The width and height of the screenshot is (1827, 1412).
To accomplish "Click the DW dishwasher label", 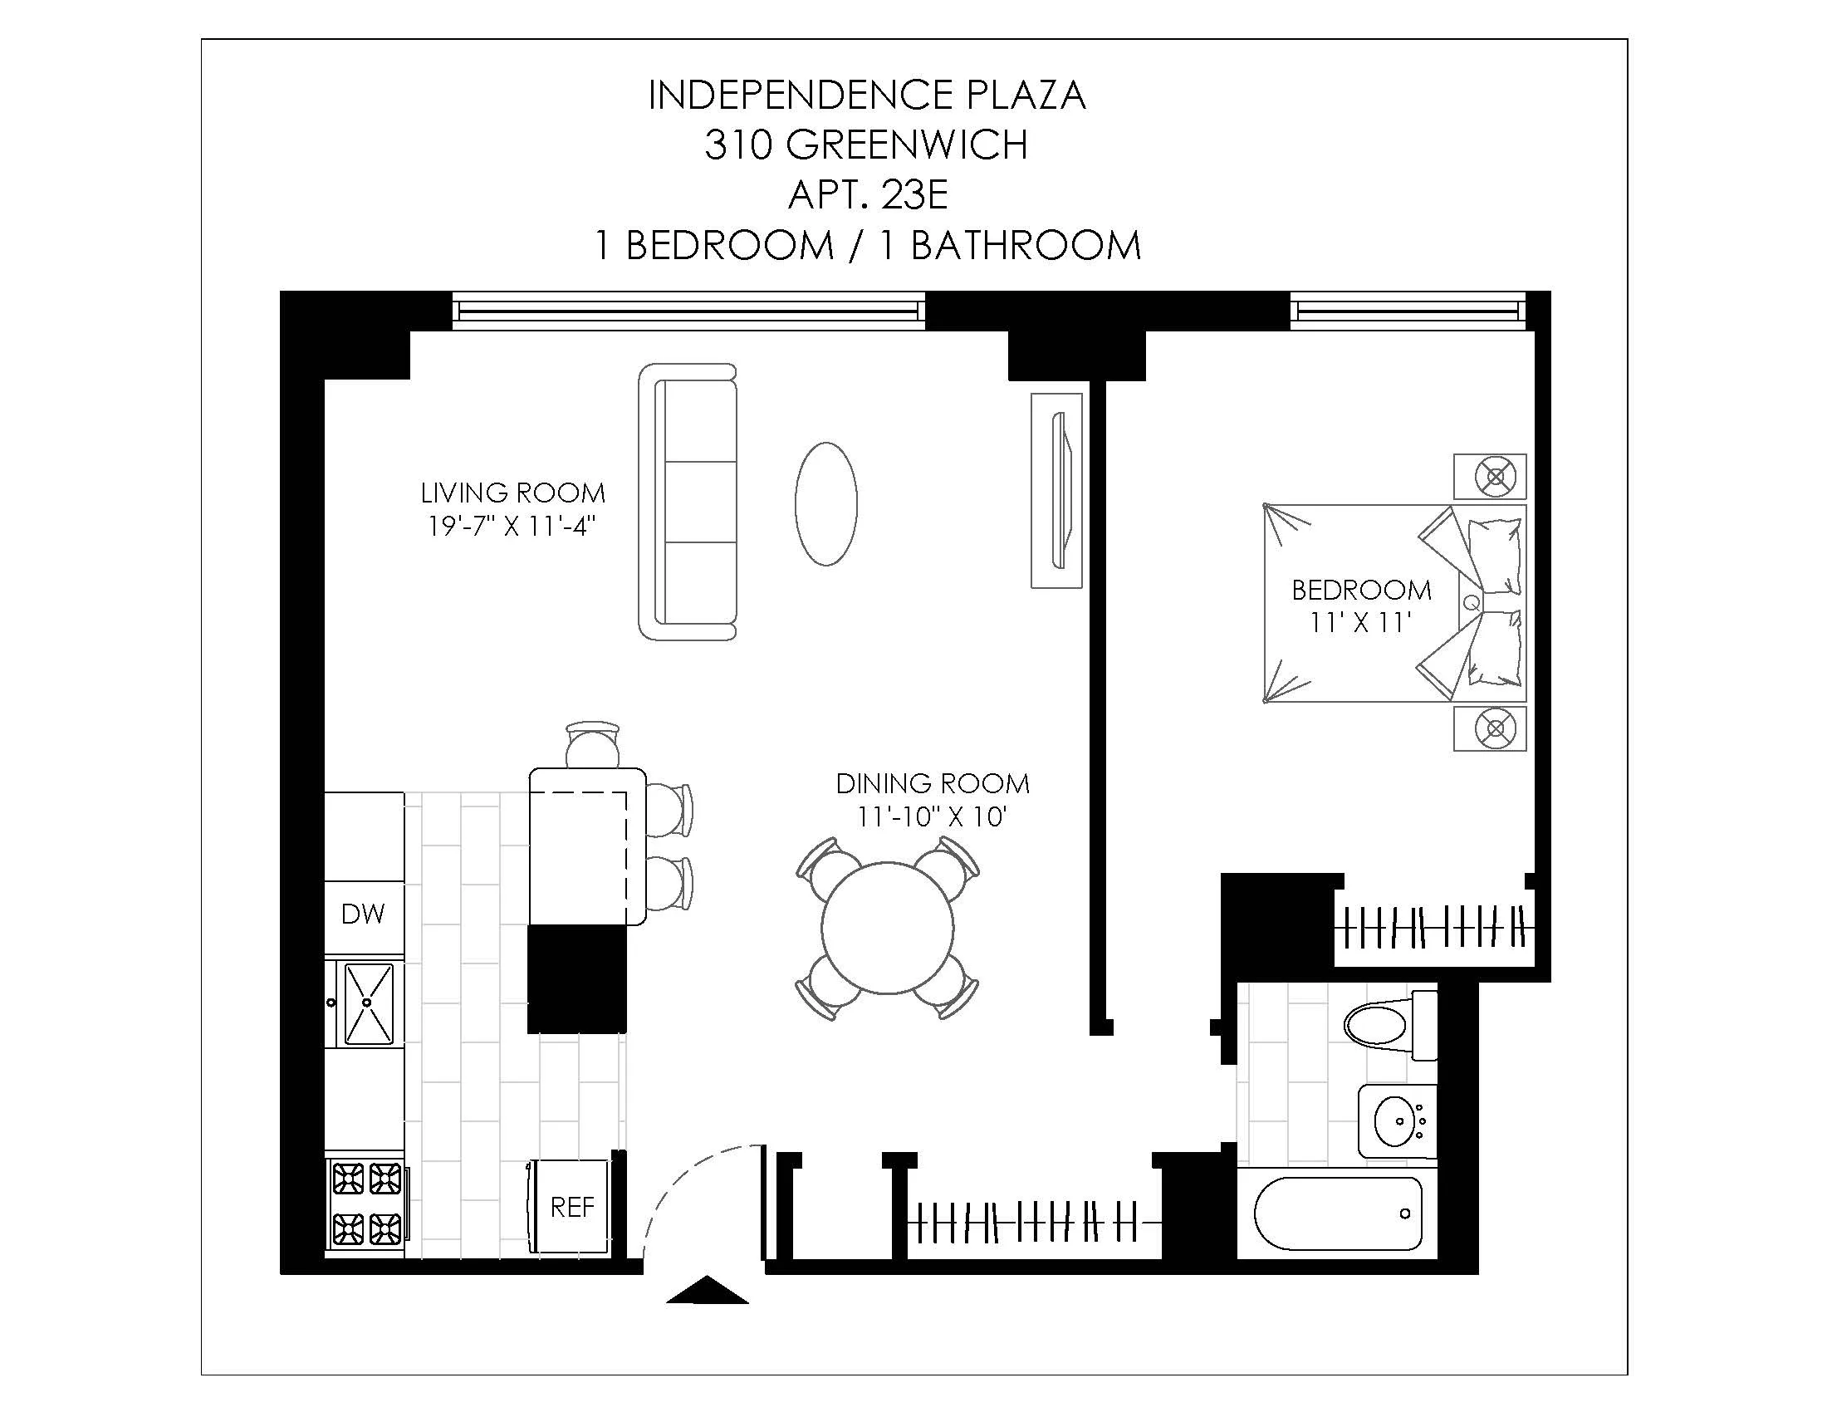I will [363, 914].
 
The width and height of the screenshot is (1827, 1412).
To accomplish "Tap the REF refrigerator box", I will [571, 1206].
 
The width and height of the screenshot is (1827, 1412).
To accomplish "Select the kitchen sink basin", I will [369, 1003].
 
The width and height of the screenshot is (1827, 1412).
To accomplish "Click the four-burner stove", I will [365, 1204].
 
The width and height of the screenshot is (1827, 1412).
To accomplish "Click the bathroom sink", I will [1394, 1122].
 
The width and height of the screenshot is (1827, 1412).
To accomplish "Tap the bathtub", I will [1338, 1213].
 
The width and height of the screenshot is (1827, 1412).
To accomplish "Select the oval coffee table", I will [825, 504].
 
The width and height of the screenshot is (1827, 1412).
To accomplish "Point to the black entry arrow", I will [707, 1290].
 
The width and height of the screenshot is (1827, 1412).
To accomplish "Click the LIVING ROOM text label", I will [512, 493].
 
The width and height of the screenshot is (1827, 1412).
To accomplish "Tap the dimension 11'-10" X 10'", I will [931, 816].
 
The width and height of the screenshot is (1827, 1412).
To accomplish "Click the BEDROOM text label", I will [1361, 591].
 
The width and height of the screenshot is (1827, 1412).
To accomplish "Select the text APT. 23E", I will [868, 195].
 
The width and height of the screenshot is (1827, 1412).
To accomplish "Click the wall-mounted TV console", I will [1056, 490].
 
